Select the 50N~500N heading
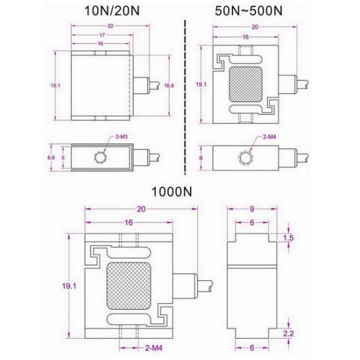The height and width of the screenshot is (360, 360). pos(248,10)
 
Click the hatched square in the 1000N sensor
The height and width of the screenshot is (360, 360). pos(128,286)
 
